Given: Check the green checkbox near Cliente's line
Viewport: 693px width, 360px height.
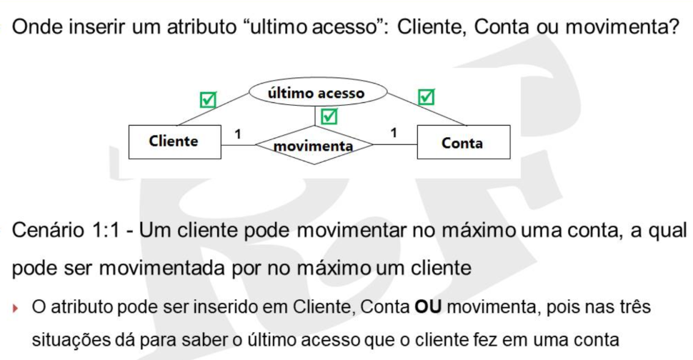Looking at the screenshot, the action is [x=208, y=99].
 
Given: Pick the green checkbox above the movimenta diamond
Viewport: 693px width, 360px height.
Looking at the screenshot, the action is [x=329, y=116].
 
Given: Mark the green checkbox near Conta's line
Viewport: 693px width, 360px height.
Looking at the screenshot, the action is [x=426, y=96].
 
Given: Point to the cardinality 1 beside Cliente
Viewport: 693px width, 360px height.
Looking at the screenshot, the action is [x=238, y=134].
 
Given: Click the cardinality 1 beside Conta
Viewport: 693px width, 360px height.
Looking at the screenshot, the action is [x=394, y=133].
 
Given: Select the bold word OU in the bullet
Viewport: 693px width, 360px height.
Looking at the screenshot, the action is [x=428, y=306].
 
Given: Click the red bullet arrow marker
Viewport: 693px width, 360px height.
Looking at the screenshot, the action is [x=16, y=308].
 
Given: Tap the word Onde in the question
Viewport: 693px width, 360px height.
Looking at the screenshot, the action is [x=39, y=27].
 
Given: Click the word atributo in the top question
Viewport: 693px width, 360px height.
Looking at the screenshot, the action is [x=201, y=27].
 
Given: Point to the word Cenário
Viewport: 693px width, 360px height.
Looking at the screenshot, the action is [x=48, y=230].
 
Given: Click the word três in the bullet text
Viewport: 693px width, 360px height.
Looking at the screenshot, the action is [x=634, y=306].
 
